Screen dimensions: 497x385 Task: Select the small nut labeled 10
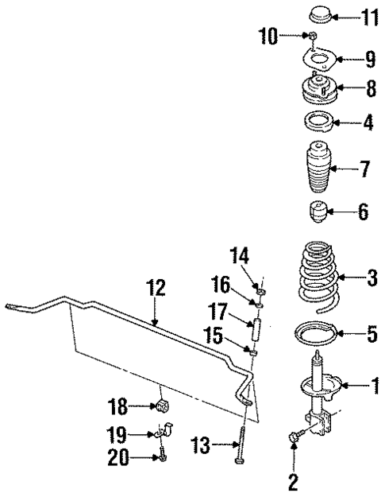314,37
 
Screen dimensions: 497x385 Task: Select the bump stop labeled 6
319,213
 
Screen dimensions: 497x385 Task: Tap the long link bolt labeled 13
239,450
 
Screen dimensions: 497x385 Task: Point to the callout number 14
241,256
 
